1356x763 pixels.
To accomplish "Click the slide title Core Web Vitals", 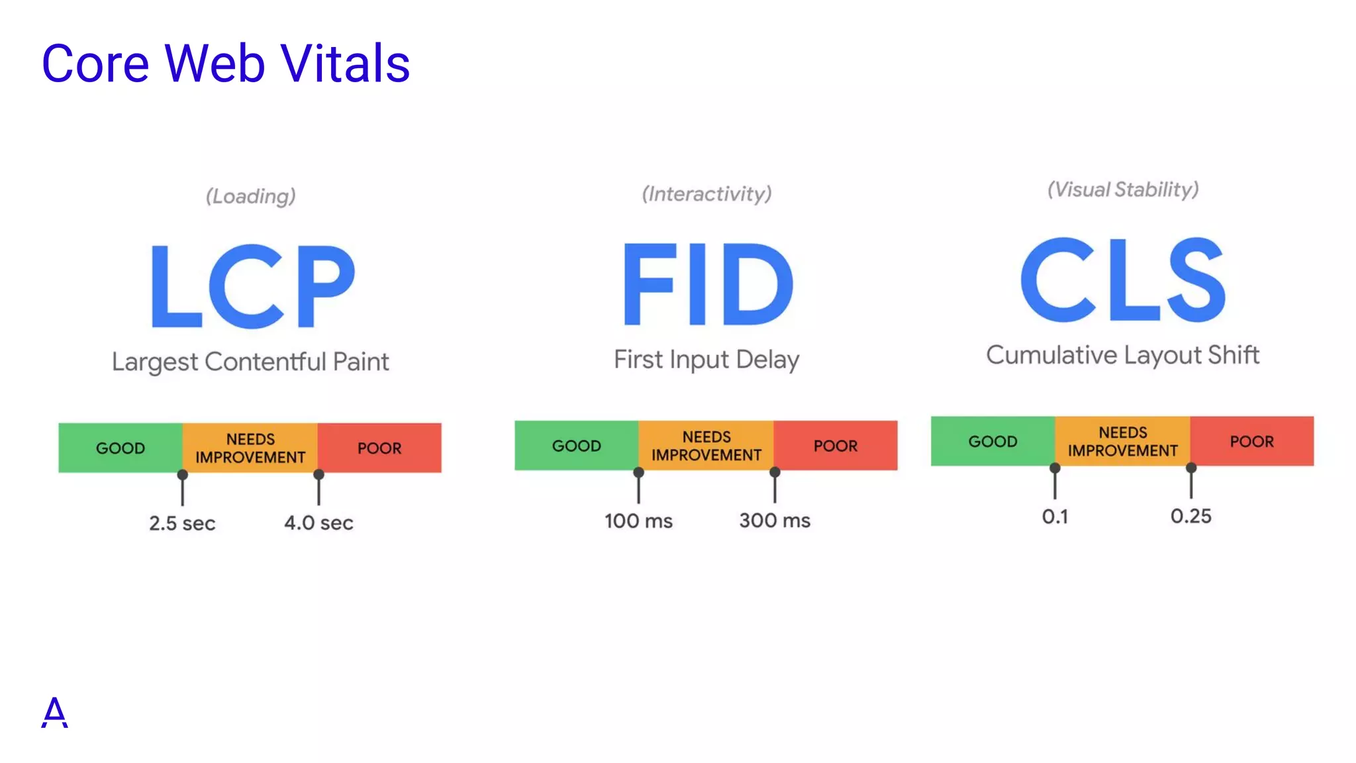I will (225, 64).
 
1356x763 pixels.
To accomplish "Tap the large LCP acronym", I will (253, 286).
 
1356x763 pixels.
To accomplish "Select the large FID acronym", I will (707, 284).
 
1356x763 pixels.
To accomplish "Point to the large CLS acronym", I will (1123, 280).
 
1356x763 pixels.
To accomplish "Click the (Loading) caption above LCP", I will (250, 196).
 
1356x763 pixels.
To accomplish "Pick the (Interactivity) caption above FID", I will (706, 194).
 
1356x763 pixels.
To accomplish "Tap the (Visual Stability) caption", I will (1123, 190).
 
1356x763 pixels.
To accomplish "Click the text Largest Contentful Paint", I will (250, 362).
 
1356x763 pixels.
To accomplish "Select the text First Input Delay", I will (706, 360).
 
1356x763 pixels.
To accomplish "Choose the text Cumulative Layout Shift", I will (1122, 356).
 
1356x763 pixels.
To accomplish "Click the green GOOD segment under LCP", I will (121, 448).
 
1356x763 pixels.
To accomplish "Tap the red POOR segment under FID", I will (836, 446).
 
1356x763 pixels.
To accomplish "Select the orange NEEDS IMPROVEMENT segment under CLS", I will (1122, 441).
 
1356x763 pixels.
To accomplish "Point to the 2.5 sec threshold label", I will (182, 523).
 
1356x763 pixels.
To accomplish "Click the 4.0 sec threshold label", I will (318, 523).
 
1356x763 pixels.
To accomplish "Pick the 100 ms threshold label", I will (638, 521).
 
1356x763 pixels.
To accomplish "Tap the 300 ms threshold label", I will (775, 521).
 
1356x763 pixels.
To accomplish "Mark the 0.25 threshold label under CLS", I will (1190, 516).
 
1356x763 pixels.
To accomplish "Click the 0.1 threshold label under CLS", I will (1055, 517).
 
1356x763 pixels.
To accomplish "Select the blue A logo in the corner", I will (54, 713).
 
